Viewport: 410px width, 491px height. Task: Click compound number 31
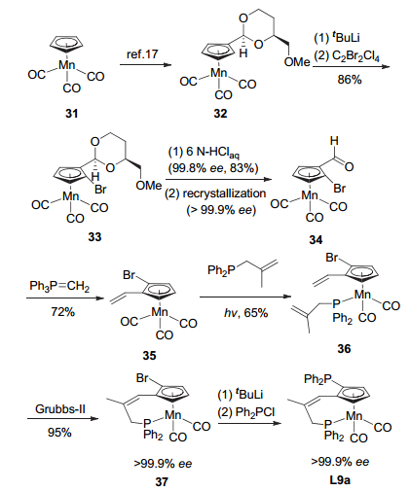[x=72, y=114]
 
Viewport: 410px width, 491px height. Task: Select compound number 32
[x=220, y=114]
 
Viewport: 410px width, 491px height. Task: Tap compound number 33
[x=94, y=237]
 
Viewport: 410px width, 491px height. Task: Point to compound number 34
[x=316, y=240]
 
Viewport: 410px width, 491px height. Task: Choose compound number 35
[x=149, y=356]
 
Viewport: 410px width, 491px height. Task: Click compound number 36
[x=344, y=349]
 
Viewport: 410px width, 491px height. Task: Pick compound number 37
[x=162, y=482]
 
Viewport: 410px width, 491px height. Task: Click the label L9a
[x=340, y=480]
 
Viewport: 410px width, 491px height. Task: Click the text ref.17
[x=142, y=54]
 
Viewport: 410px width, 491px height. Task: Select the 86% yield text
[x=350, y=80]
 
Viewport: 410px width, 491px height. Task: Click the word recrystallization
[x=224, y=193]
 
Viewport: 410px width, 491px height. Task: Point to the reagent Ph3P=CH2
[x=59, y=287]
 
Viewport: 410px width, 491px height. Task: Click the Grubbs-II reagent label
[x=60, y=409]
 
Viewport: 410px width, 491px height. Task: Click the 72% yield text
[x=63, y=312]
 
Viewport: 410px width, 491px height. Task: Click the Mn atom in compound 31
[x=67, y=65]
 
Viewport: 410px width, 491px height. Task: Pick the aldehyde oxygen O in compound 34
[x=349, y=167]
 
